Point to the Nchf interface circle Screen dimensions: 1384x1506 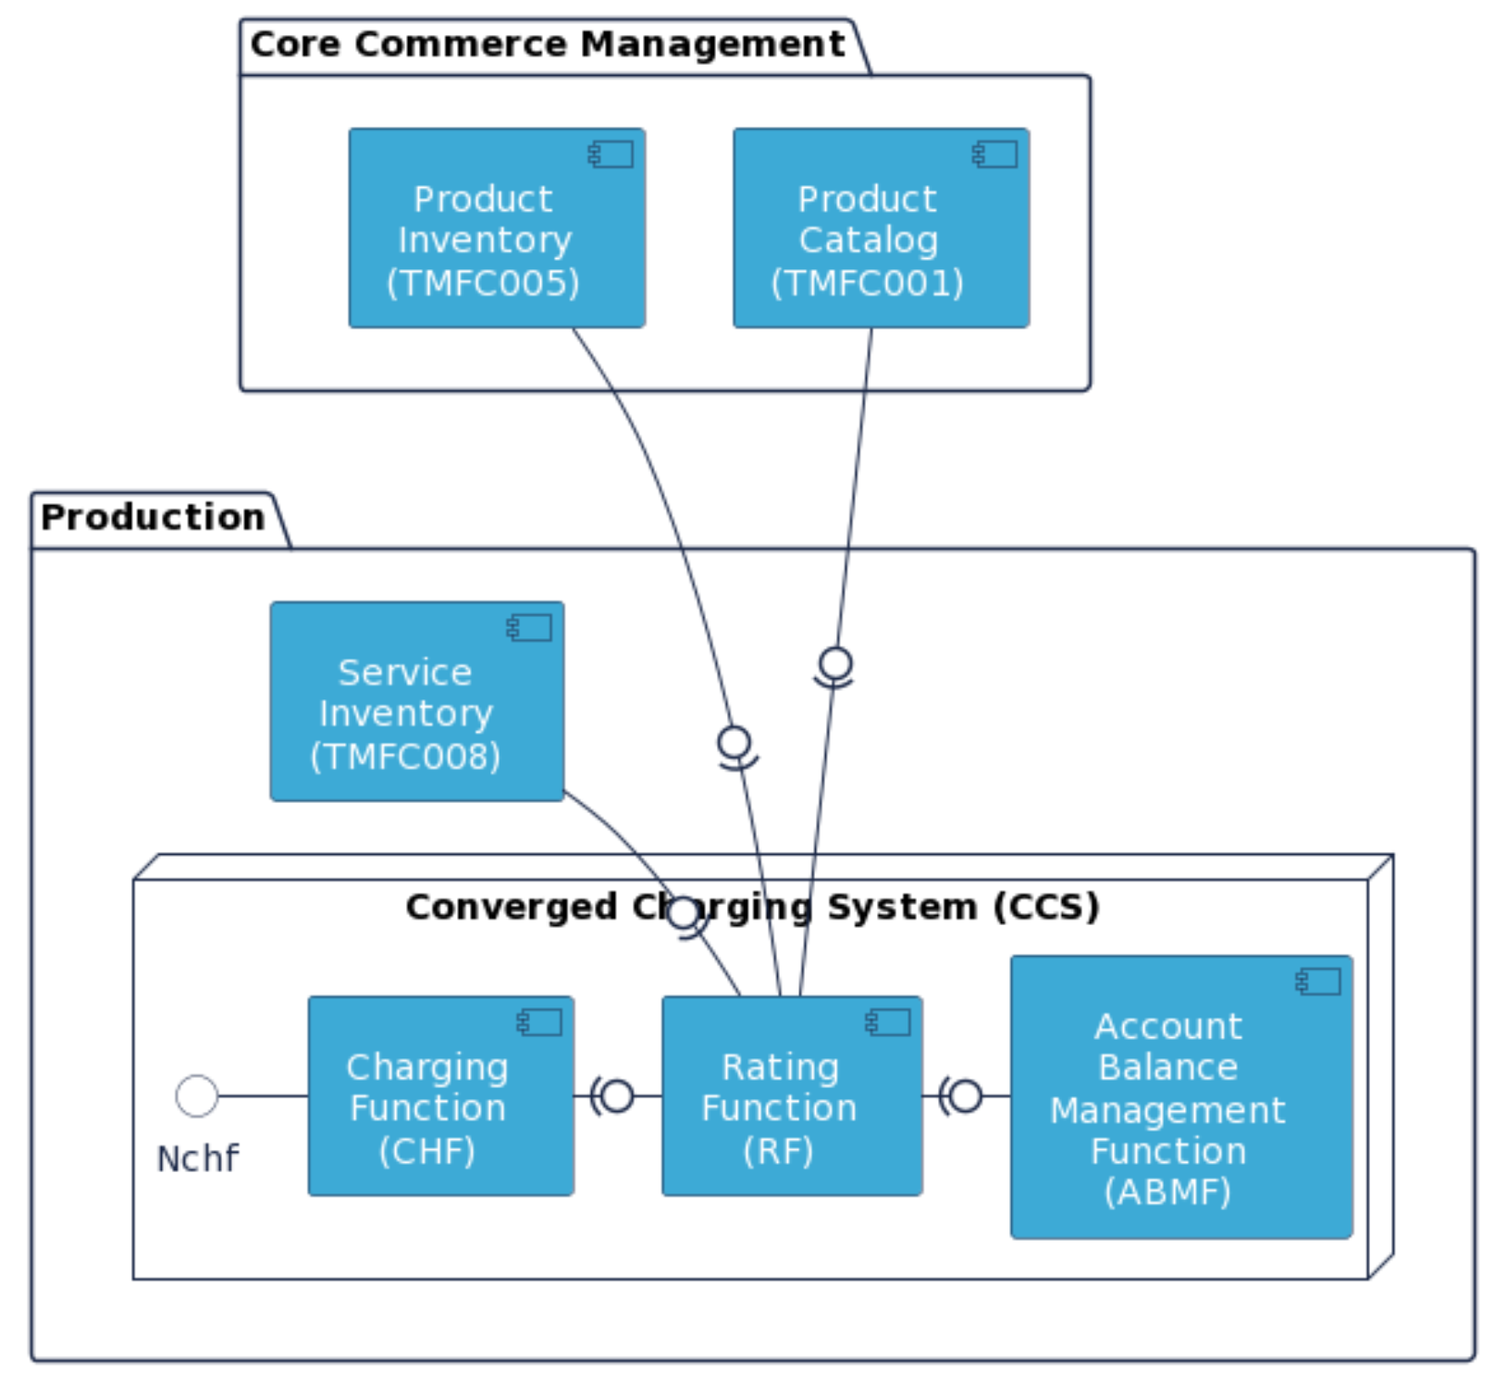[197, 1095]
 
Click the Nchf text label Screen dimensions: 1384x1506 [198, 1158]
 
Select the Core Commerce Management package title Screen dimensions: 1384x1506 [547, 44]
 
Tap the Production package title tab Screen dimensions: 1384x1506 [154, 517]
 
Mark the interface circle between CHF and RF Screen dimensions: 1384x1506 [617, 1095]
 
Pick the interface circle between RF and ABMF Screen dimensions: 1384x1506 [966, 1095]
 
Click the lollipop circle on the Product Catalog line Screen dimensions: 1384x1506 [835, 662]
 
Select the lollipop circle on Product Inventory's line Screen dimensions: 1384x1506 [734, 741]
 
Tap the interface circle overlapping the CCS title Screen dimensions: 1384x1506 [683, 912]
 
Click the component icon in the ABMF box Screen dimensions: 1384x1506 [1319, 982]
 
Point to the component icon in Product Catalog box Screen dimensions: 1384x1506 [995, 154]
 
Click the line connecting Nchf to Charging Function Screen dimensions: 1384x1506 [264, 1095]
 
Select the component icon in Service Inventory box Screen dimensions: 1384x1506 [530, 628]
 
